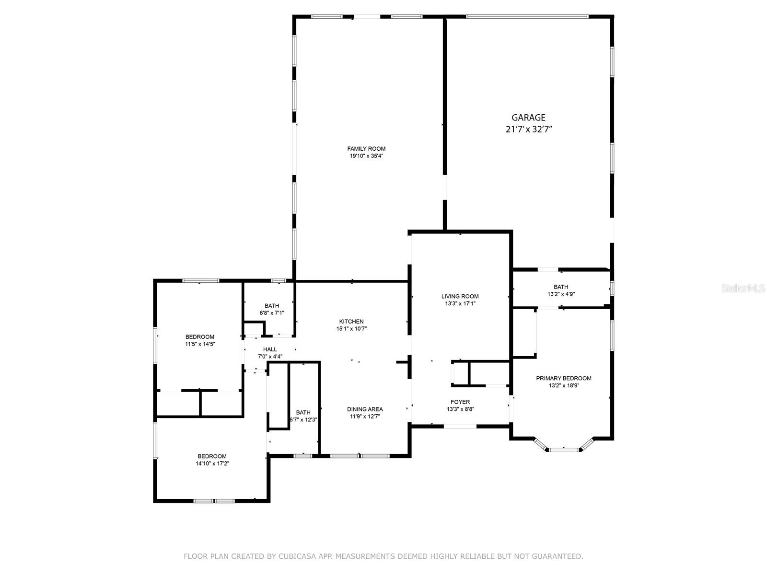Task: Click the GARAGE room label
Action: [x=528, y=118]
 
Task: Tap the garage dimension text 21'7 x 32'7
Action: [x=528, y=129]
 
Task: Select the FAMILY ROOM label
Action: [x=366, y=149]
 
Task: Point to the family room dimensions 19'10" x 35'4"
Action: [x=366, y=156]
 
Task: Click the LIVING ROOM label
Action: [x=460, y=296]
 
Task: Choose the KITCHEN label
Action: [x=351, y=322]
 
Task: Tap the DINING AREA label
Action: [x=365, y=409]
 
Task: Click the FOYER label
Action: [x=460, y=402]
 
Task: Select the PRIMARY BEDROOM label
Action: [x=563, y=378]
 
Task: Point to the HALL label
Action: [x=270, y=349]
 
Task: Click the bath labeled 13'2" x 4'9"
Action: [x=561, y=290]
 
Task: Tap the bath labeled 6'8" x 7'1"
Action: [x=272, y=309]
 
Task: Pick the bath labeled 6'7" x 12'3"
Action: [x=303, y=416]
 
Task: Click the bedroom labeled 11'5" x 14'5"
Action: [x=200, y=340]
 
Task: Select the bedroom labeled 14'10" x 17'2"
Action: [x=212, y=460]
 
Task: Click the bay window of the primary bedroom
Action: [x=564, y=449]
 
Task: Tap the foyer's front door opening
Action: [x=460, y=426]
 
